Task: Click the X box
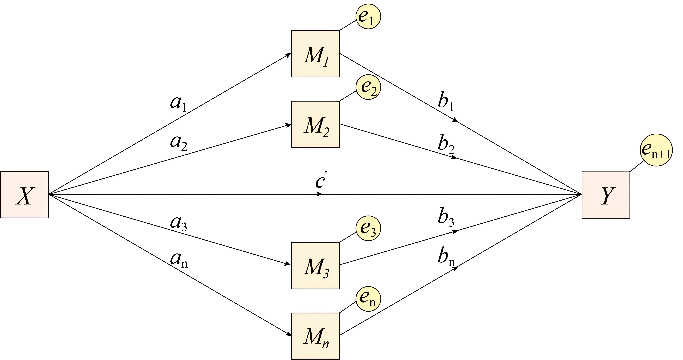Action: pos(24,195)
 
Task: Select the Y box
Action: pos(606,195)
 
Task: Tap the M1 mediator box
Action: pos(315,54)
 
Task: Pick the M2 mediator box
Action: pos(315,124)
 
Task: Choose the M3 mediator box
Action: pos(315,266)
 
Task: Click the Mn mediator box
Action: pos(315,336)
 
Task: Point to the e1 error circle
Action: pos(368,16)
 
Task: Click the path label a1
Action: pos(178,103)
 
